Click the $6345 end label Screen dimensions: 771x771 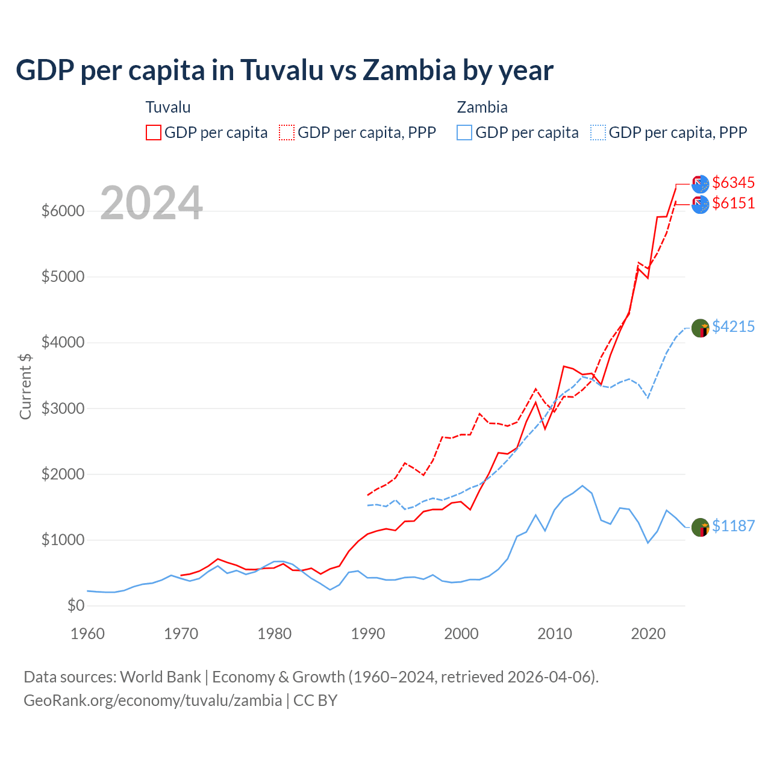(x=733, y=183)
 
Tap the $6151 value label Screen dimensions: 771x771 (x=733, y=203)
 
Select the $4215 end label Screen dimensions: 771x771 (x=733, y=326)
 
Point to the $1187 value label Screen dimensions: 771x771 (x=733, y=526)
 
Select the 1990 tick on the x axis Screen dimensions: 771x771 (x=368, y=634)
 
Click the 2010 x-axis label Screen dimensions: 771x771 (x=555, y=634)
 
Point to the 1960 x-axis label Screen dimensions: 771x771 (x=88, y=634)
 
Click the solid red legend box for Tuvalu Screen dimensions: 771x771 (x=154, y=133)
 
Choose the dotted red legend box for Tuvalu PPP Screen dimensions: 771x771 (x=287, y=133)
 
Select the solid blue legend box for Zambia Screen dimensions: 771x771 (x=464, y=133)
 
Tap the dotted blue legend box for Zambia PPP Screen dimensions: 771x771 (x=598, y=133)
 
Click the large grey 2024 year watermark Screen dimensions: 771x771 (x=151, y=203)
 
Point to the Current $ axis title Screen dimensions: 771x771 (x=25, y=386)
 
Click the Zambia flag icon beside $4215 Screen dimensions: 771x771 (x=700, y=328)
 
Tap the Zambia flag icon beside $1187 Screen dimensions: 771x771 (x=700, y=528)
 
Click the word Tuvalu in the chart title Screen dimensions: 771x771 (x=282, y=70)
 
